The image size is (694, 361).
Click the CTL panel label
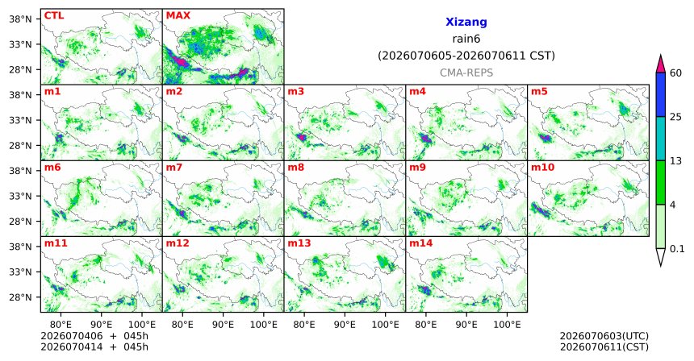(54, 16)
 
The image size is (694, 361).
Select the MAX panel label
(178, 16)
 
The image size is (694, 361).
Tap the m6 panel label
(52, 168)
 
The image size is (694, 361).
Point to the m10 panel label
(542, 168)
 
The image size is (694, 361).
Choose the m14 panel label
(421, 243)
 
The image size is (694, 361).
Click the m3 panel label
(295, 92)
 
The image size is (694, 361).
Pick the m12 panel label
(178, 243)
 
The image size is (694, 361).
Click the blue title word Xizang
(466, 22)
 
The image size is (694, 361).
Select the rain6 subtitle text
(466, 39)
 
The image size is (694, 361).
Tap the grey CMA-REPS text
(466, 73)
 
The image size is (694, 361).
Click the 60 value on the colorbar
(676, 73)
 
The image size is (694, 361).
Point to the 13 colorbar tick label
(675, 161)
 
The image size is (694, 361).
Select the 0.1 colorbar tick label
(677, 249)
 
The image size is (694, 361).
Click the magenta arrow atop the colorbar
(660, 64)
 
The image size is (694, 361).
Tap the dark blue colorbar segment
(660, 94)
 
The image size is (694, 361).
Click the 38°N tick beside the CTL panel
(21, 19)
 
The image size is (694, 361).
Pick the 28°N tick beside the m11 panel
(21, 297)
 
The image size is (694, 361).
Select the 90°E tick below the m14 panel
(466, 325)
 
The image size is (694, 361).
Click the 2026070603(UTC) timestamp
(604, 337)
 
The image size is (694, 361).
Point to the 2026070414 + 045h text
(94, 347)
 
